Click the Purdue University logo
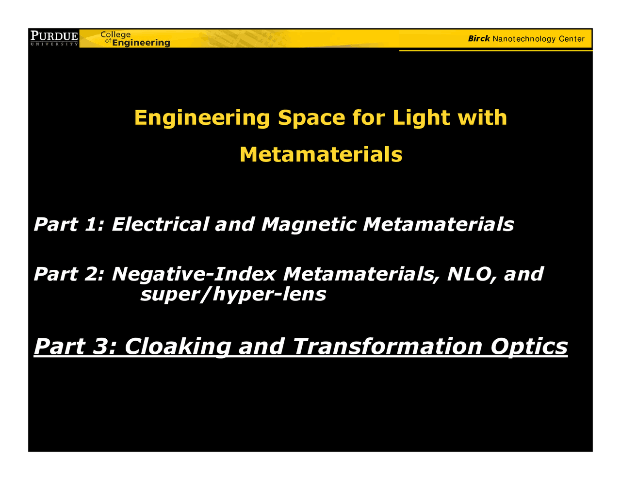point(54,38)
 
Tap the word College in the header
point(115,34)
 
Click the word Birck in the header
point(479,39)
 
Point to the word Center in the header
point(572,39)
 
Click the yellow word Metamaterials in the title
point(321,155)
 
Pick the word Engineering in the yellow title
point(202,118)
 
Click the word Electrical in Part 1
point(160,225)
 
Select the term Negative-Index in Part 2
point(194,274)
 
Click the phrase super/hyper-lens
point(233,294)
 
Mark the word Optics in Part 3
point(528,347)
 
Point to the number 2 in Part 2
point(92,274)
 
